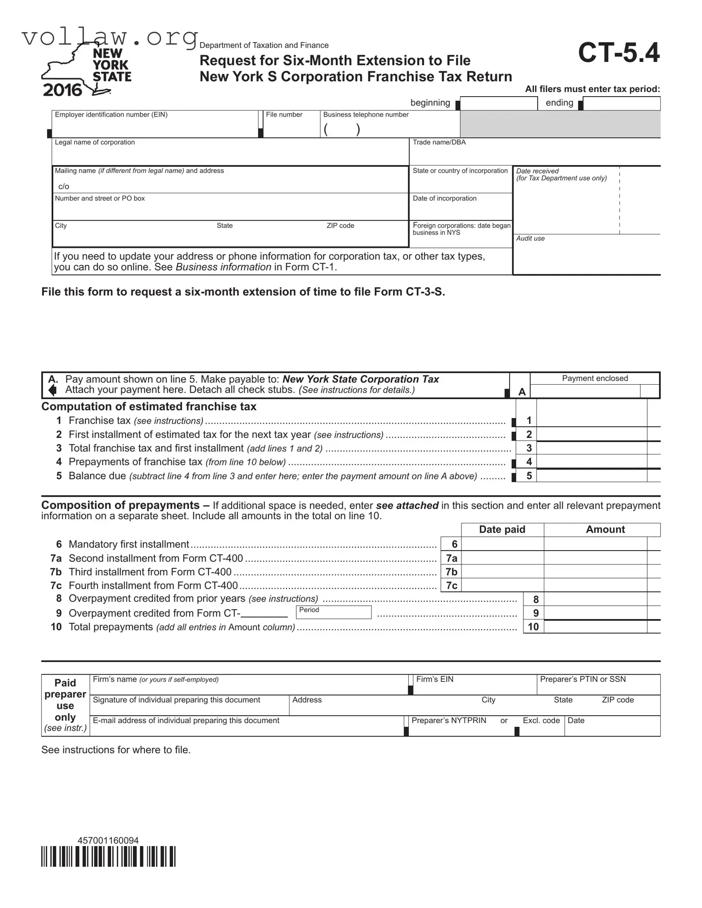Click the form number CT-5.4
coord(618,53)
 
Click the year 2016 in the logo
coord(62,90)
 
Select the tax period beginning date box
coord(499,104)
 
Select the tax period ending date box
coord(621,104)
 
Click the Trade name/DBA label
coord(439,142)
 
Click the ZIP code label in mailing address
coord(340,226)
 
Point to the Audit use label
coord(530,239)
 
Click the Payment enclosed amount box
coord(585,392)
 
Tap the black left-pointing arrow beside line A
coord(53,390)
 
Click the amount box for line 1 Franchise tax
coord(591,420)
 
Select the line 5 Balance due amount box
coord(591,476)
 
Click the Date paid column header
coord(502,529)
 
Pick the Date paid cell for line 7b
coord(502,572)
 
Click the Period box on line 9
coord(333,613)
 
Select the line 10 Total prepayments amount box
coord(596,627)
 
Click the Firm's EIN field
coord(474,685)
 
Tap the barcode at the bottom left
coord(108,856)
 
